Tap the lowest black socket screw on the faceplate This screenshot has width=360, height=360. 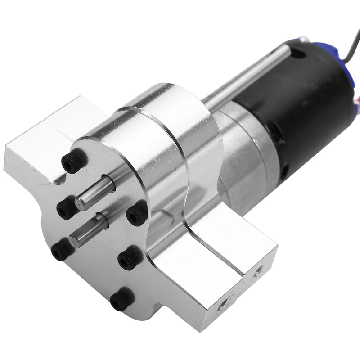pos(122,299)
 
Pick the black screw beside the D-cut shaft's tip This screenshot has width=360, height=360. pos(62,250)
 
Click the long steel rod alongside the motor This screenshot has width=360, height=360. pos(243,83)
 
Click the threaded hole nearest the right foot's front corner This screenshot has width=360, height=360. pos(220,306)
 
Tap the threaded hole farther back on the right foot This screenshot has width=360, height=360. pos(258,270)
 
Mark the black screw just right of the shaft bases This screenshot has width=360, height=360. pos(136,214)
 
